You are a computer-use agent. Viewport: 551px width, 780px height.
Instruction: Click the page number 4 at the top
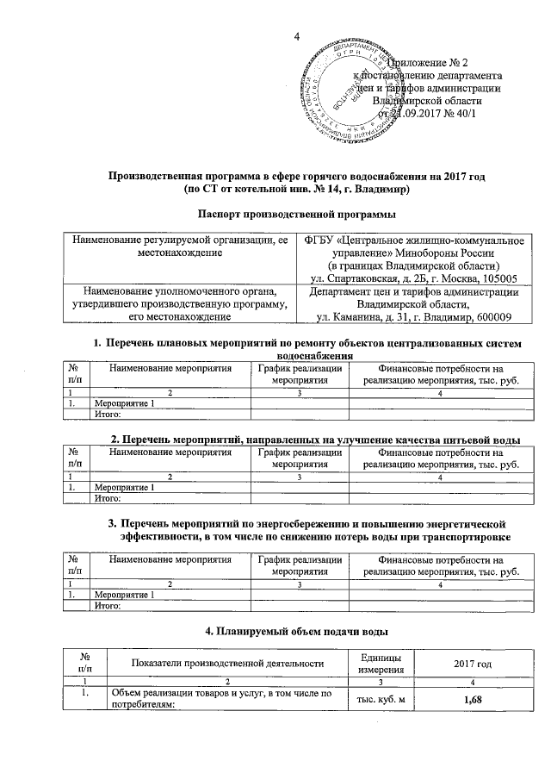pyautogui.click(x=296, y=36)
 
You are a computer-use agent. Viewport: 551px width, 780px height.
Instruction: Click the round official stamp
pyautogui.click(x=350, y=90)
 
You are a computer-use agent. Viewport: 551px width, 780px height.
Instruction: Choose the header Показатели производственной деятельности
pyautogui.click(x=227, y=663)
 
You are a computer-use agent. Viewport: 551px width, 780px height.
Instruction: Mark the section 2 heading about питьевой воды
pyautogui.click(x=315, y=440)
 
